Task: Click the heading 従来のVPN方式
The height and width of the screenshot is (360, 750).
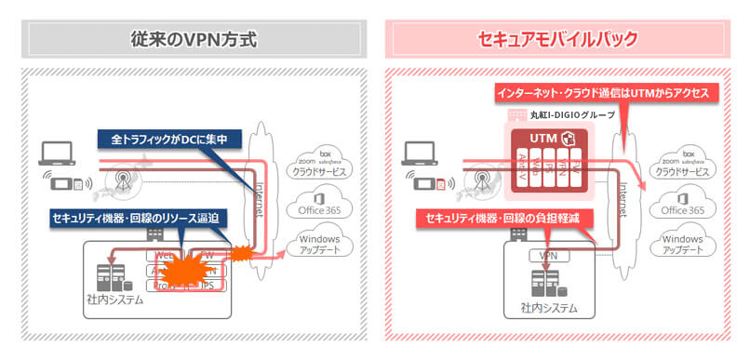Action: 191,40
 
